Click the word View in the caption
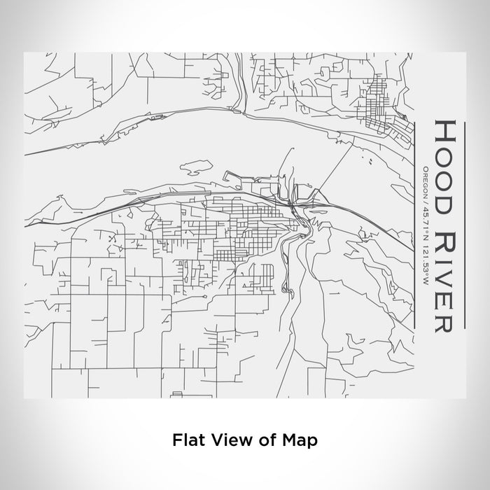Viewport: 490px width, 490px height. [x=224, y=440]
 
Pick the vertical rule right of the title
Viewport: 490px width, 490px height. [x=465, y=224]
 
